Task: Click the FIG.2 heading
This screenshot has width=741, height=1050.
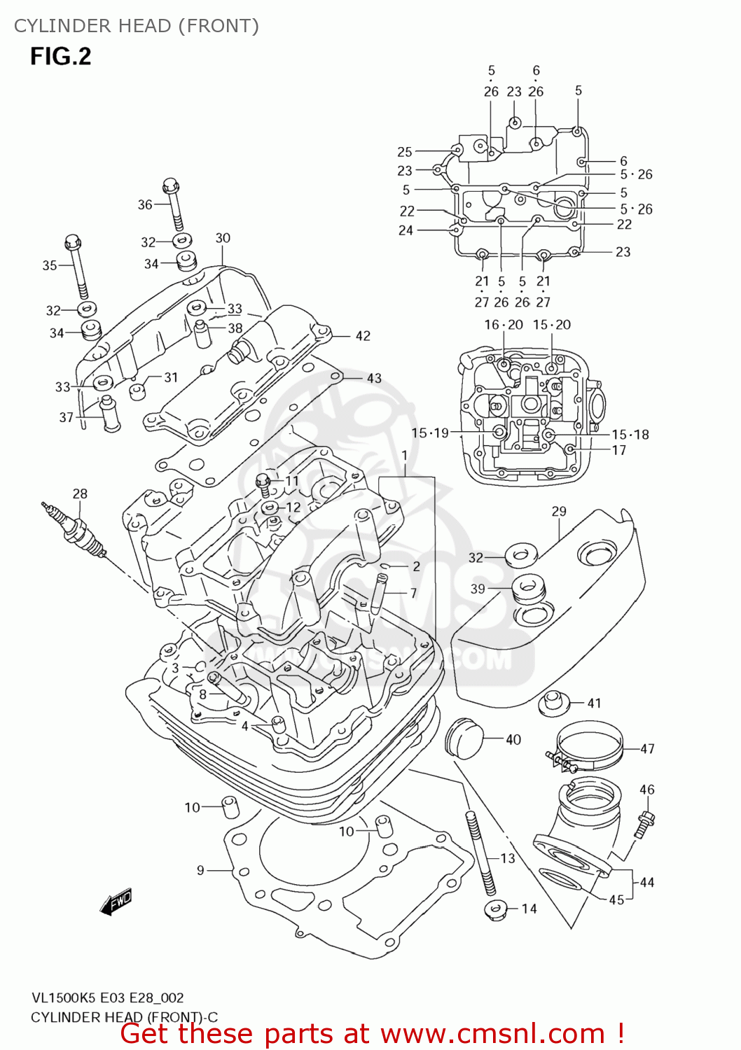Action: pos(60,56)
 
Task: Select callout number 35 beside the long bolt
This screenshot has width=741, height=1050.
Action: pos(50,265)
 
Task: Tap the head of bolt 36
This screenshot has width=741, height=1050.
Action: pos(170,186)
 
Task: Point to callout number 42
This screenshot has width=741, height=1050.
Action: pos(363,336)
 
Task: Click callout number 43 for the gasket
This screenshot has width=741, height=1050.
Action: pos(374,378)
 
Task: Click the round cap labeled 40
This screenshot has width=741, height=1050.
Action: pos(464,737)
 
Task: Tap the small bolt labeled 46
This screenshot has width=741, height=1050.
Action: pos(644,822)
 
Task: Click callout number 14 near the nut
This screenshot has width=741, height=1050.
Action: pos(529,909)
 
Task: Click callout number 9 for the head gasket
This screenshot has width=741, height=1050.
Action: pos(200,870)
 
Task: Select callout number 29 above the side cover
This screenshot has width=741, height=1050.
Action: pos(558,512)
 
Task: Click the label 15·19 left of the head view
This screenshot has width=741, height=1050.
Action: pos(429,433)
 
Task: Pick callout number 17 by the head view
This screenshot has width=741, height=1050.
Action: pos(618,450)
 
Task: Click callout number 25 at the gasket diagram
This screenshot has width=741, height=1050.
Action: pos(405,152)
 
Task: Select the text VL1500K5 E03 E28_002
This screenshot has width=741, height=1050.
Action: pos(107,997)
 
